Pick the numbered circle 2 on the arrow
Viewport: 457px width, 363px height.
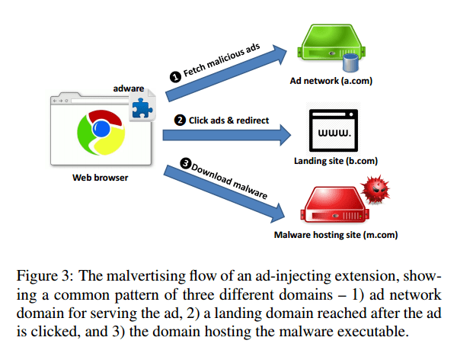[x=180, y=120]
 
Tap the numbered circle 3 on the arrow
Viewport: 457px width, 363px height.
[x=184, y=162]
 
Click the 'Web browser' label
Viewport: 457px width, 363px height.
[x=100, y=178]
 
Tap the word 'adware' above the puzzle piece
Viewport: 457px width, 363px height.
[x=129, y=88]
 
